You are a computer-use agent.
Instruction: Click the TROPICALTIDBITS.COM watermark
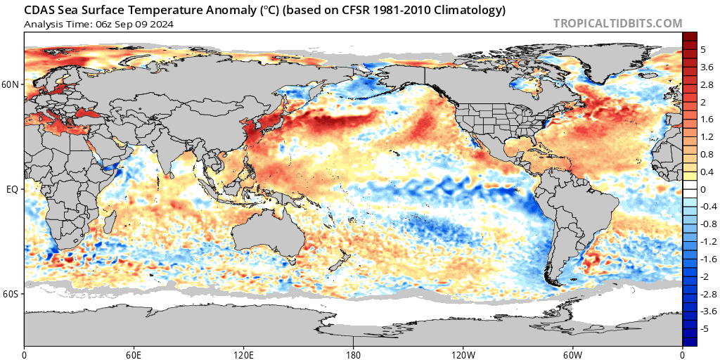(x=617, y=23)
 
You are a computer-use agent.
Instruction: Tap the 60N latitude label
(x=12, y=85)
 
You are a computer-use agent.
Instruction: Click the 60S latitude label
(x=12, y=293)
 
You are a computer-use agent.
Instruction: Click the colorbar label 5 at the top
(x=703, y=50)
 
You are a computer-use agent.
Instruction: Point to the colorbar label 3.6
(x=707, y=67)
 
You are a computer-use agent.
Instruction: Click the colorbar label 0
(x=703, y=189)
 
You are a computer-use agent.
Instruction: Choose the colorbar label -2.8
(x=708, y=294)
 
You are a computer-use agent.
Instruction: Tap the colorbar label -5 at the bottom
(x=705, y=328)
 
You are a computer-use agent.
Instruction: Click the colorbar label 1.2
(x=707, y=137)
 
